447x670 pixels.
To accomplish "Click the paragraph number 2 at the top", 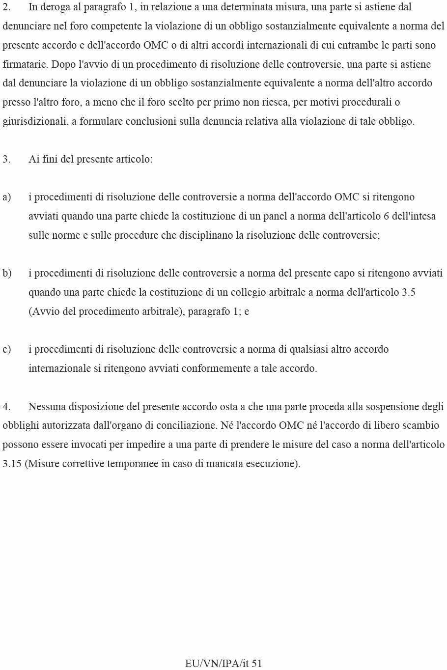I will (6, 7).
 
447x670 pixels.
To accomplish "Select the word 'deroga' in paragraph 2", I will (55, 7).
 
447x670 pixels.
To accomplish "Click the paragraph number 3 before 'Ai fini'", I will (6, 160).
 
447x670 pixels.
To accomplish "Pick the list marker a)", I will (6, 197).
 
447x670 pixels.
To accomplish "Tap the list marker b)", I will (7, 274).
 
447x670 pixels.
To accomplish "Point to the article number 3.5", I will (408, 293).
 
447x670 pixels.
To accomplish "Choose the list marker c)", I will (6, 350).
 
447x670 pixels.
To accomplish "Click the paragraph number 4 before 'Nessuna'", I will (6, 407).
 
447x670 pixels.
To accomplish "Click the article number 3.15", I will (12, 464).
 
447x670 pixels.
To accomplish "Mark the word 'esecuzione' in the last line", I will (274, 464).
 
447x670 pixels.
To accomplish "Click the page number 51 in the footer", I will (257, 664).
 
